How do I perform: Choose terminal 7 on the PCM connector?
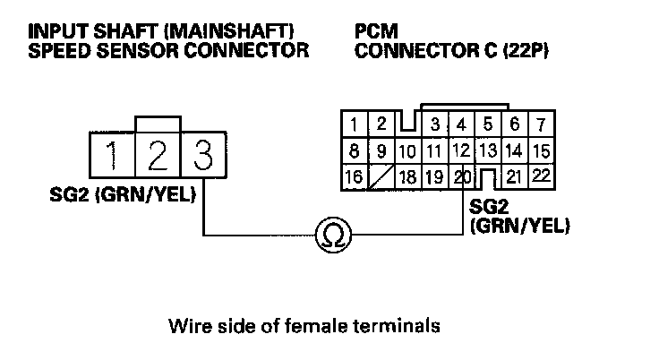(x=542, y=124)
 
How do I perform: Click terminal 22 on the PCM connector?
(x=541, y=176)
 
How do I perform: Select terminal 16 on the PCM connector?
(x=354, y=176)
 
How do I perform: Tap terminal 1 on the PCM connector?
(x=355, y=124)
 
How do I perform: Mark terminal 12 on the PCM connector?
(x=462, y=150)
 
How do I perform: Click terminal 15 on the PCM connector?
(x=541, y=150)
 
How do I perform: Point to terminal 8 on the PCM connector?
(x=355, y=150)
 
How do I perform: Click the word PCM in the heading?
(x=372, y=32)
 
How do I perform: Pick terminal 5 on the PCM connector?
(x=488, y=124)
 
